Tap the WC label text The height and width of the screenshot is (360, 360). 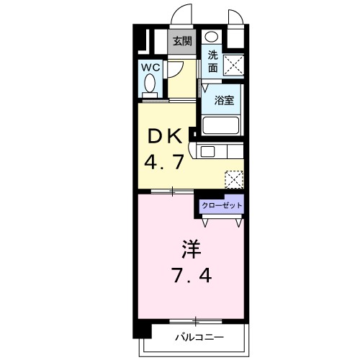tap(150, 68)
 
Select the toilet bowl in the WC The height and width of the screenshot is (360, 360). tap(150, 86)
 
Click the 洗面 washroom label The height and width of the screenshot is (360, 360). tap(212, 62)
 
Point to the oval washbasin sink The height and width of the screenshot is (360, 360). tap(210, 37)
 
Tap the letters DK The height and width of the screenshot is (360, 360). tap(164, 135)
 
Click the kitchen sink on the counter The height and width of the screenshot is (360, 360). tap(207, 152)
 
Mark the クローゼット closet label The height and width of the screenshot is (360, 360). tap(222, 205)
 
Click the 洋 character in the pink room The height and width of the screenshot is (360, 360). tap(189, 249)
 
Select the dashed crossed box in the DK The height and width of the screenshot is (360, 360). tap(233, 178)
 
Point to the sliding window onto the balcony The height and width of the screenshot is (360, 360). tap(194, 320)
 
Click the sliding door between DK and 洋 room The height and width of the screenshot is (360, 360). tap(173, 192)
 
